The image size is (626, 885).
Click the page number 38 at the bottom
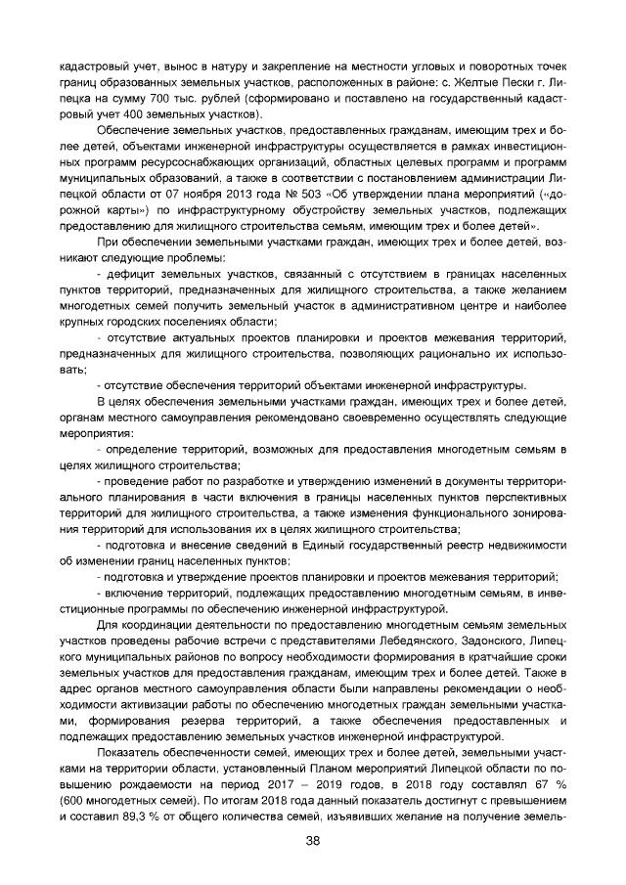[x=313, y=841]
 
